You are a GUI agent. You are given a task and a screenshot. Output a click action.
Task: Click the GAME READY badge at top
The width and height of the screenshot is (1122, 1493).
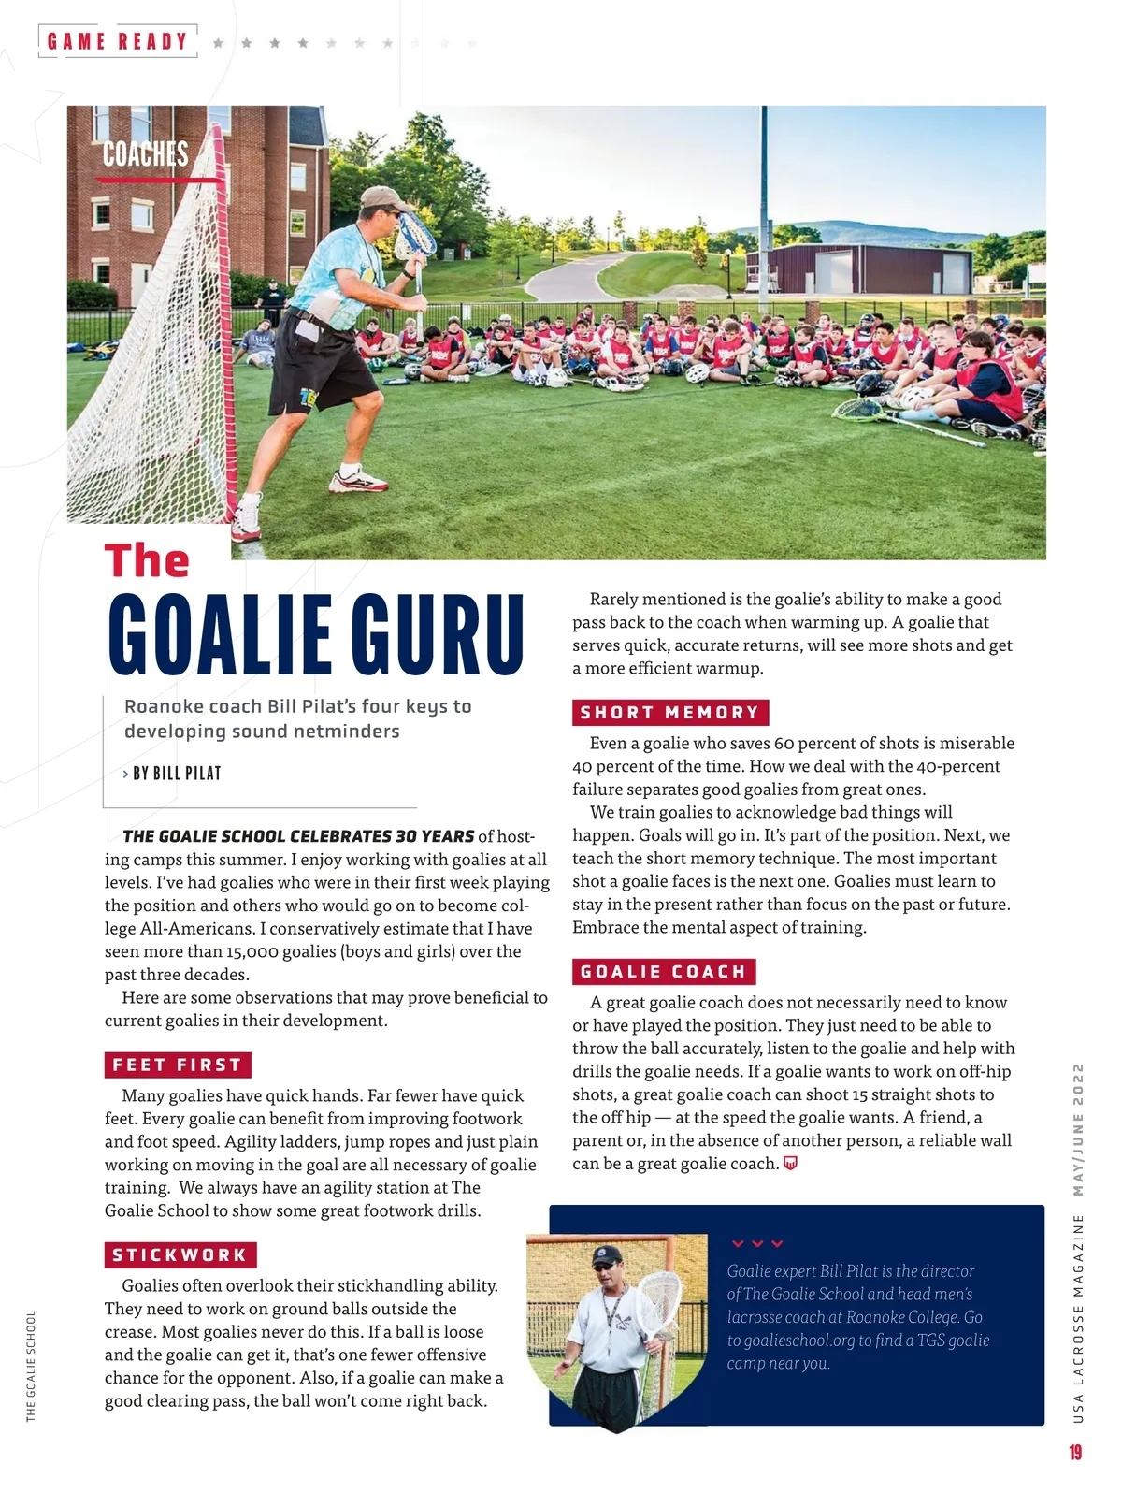[x=118, y=41]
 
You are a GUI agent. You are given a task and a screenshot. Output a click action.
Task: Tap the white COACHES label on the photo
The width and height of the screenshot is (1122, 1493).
[x=145, y=154]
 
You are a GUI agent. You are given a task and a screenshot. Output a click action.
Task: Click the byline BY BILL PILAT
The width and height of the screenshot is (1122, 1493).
[x=177, y=774]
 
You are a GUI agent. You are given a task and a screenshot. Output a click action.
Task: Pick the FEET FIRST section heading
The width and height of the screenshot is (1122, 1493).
[x=178, y=1065]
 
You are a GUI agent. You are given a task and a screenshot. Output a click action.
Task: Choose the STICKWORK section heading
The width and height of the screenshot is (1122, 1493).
[x=180, y=1255]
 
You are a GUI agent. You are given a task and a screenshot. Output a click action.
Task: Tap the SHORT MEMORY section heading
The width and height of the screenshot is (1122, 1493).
[x=669, y=713]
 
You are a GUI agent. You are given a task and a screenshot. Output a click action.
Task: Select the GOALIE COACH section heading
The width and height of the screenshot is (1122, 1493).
[x=663, y=972]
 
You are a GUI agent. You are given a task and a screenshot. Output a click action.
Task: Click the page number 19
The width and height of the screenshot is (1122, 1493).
[x=1075, y=1452]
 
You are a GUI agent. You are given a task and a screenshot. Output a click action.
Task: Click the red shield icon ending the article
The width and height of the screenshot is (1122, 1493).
[x=790, y=1164]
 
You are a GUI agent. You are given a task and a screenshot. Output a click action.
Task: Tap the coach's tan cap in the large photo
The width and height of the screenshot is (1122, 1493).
[x=382, y=196]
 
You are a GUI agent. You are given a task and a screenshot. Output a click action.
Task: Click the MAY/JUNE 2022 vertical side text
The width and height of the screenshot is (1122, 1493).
[x=1078, y=1129]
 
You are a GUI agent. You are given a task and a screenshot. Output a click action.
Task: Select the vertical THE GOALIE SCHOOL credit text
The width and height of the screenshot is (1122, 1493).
[x=31, y=1366]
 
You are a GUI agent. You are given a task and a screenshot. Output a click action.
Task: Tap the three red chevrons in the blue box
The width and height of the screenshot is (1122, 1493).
[x=757, y=1244]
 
